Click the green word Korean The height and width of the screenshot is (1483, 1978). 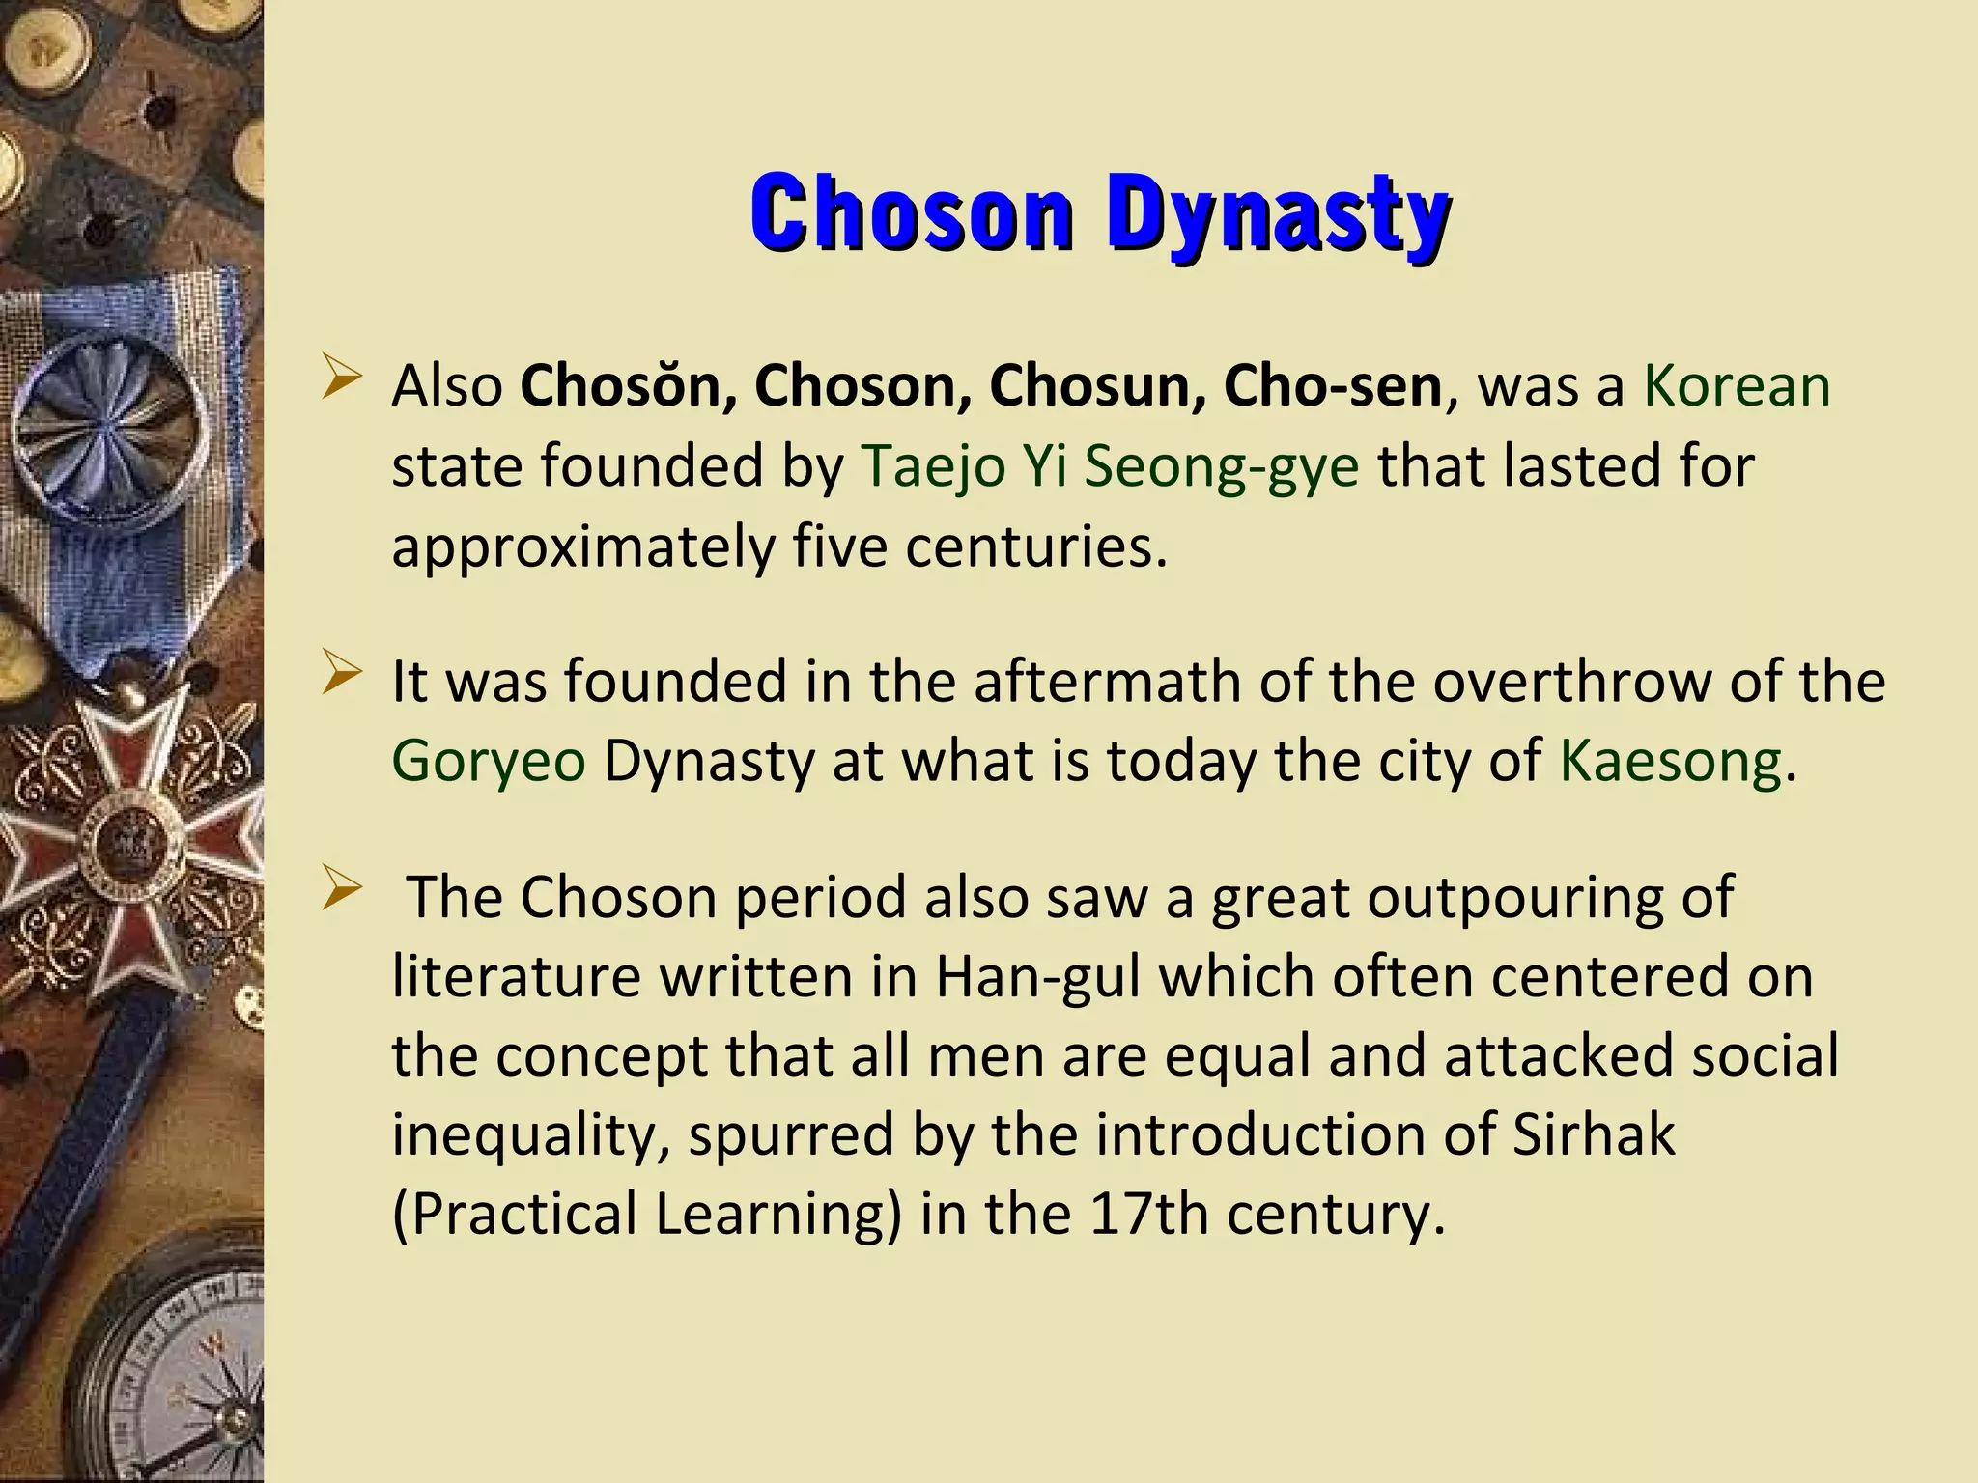click(1737, 386)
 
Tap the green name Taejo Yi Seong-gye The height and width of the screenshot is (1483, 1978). click(1110, 466)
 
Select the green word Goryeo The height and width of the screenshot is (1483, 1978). click(489, 761)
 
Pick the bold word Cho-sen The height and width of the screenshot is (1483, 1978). click(1333, 386)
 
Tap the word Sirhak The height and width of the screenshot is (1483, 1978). click(1593, 1134)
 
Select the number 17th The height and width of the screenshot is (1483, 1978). click(1148, 1214)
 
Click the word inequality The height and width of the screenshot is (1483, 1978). click(530, 1134)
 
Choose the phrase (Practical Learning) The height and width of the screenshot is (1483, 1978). click(646, 1214)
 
